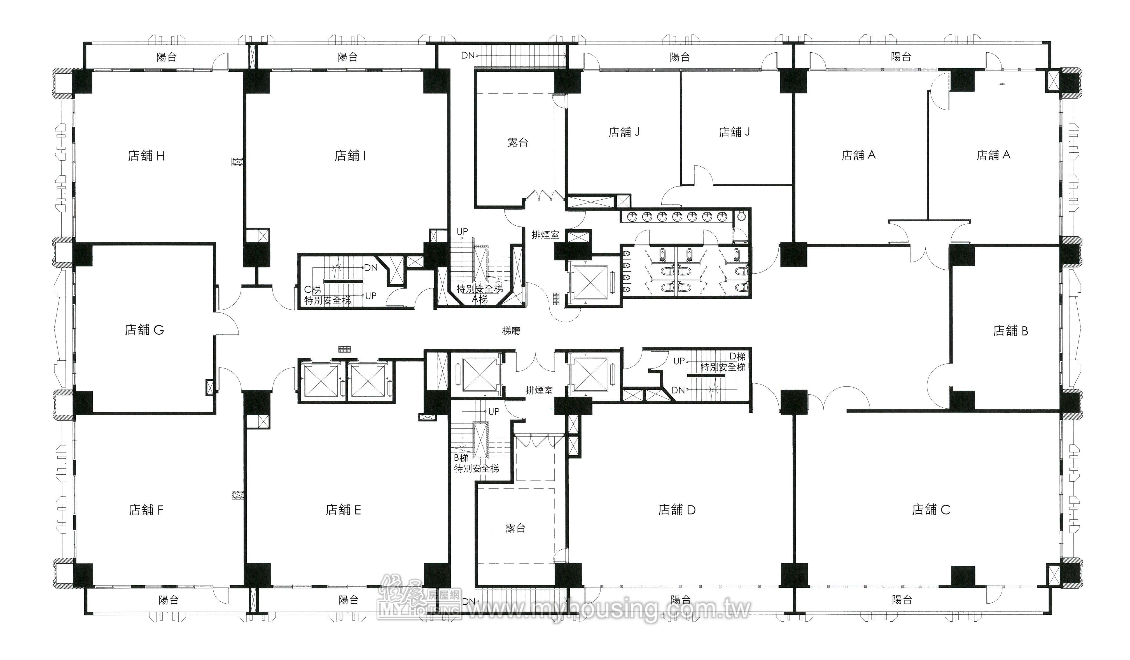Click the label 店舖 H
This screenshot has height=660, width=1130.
146,156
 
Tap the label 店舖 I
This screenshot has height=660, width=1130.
350,156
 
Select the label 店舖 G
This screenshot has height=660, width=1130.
144,330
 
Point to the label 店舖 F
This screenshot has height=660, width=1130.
146,510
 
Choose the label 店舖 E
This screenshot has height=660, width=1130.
343,510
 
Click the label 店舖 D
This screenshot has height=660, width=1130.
677,510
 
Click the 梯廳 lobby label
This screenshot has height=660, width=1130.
511,331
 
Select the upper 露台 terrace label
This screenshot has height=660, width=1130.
518,143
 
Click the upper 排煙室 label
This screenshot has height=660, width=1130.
545,234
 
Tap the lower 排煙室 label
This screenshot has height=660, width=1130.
539,391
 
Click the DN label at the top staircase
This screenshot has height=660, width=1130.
468,56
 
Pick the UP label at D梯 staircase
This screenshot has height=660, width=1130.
679,361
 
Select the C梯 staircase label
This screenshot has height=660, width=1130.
312,290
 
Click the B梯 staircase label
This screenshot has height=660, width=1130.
461,458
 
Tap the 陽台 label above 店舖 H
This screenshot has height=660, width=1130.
166,57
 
